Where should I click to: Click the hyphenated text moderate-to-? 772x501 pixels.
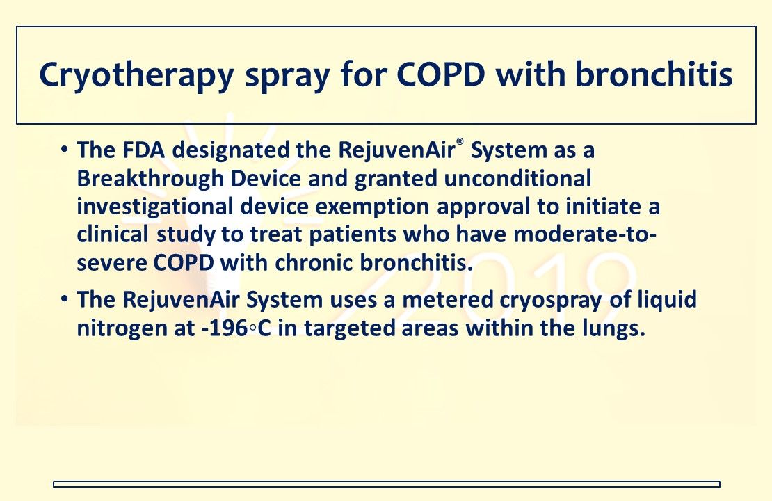pyautogui.click(x=585, y=234)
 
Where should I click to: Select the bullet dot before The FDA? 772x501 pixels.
pyautogui.click(x=63, y=150)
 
